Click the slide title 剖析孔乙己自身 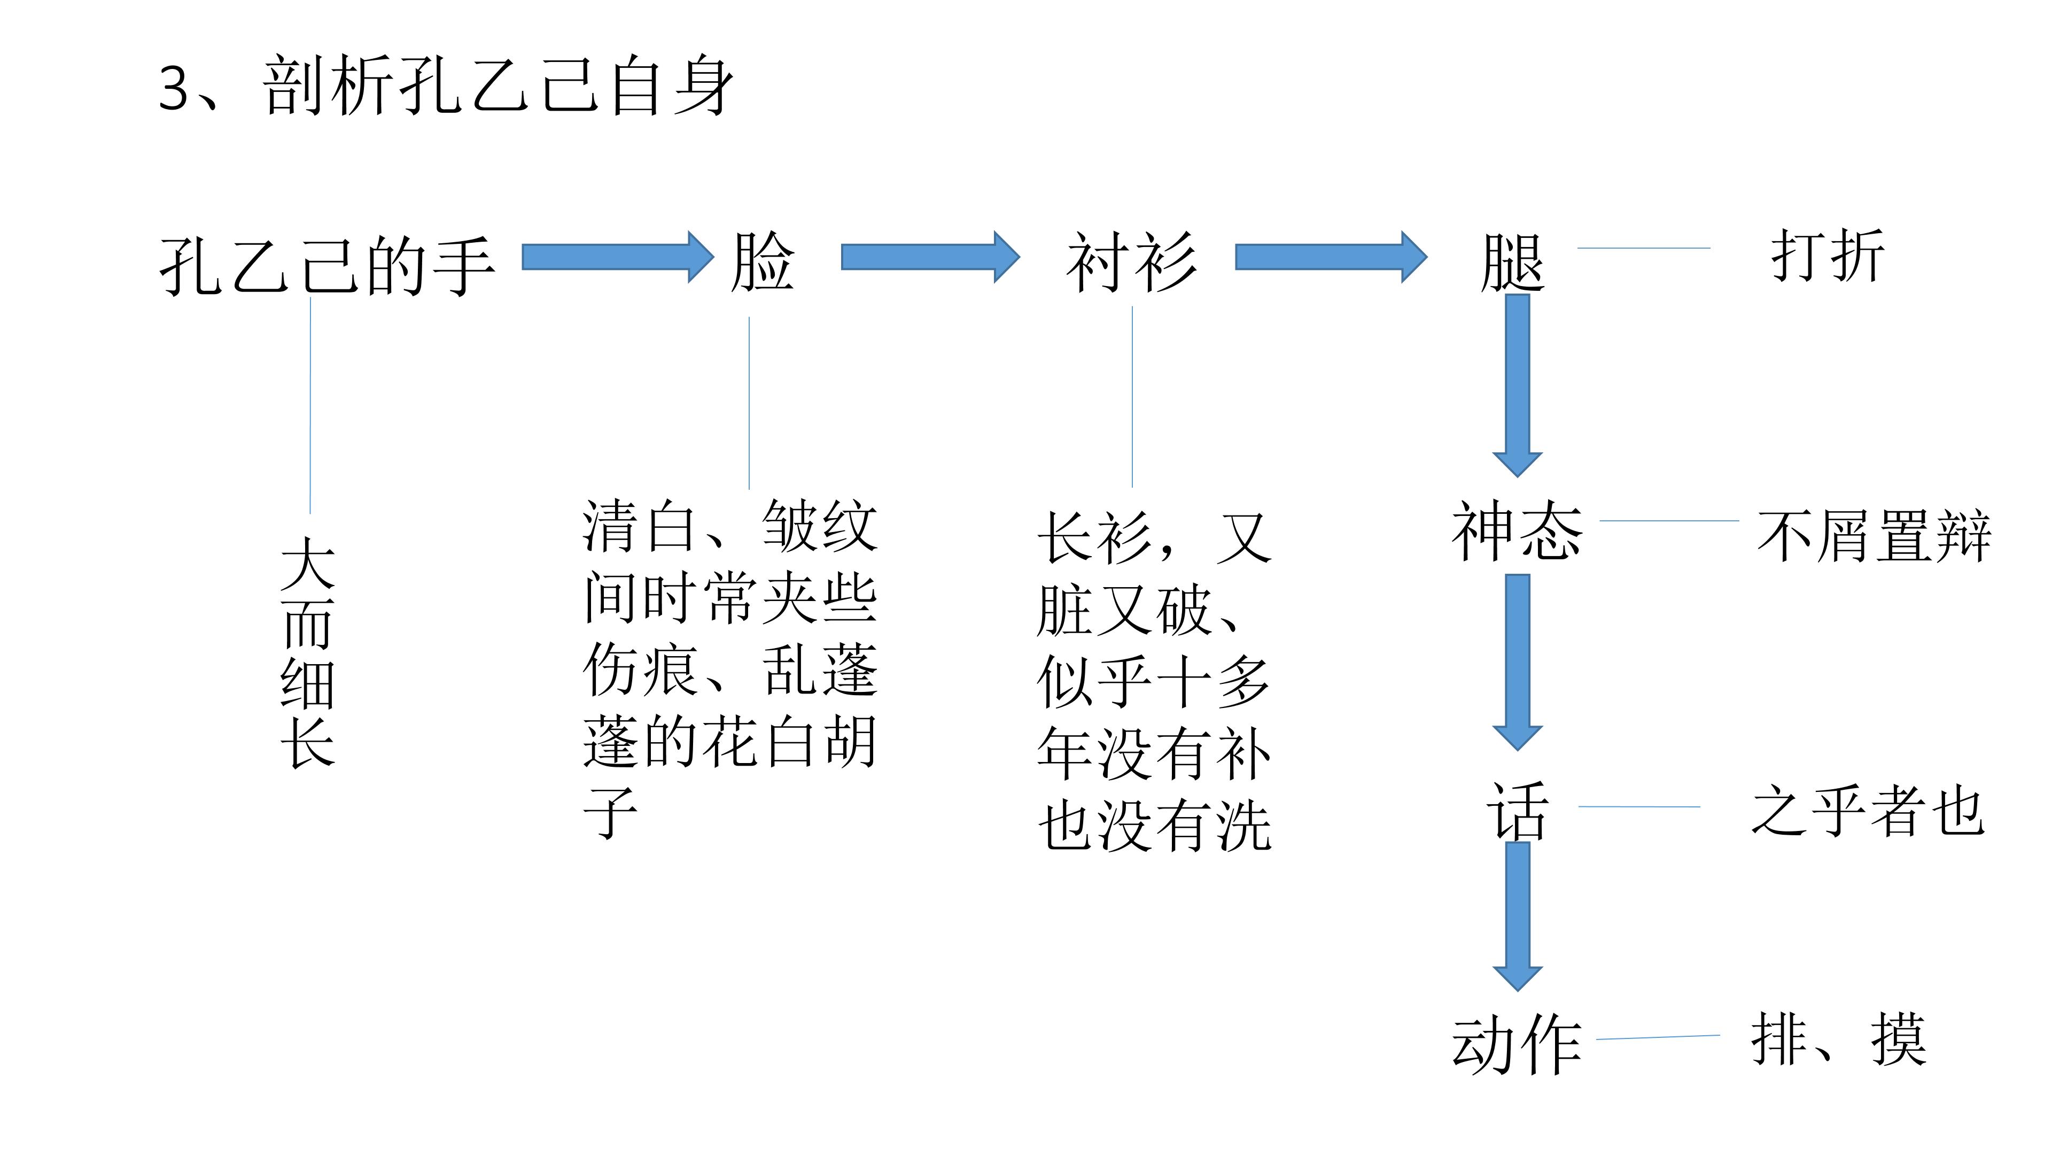coord(446,86)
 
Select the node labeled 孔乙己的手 coord(327,265)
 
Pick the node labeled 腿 coord(1512,263)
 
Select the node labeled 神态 coord(1516,531)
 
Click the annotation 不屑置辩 coord(1874,536)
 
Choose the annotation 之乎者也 coord(1867,811)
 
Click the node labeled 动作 coord(1516,1044)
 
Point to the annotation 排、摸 coord(1838,1039)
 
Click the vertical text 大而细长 coord(308,651)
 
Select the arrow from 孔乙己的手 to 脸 coord(617,257)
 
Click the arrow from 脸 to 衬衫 coord(930,257)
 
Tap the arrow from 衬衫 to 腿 coord(1330,257)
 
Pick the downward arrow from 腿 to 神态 coord(1518,383)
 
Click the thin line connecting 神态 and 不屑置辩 coord(1669,520)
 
